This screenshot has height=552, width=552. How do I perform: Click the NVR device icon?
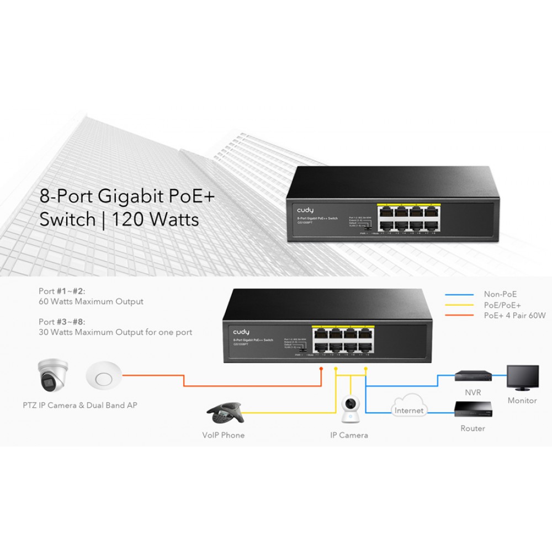coord(473,375)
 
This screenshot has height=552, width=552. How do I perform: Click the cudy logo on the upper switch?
coord(306,210)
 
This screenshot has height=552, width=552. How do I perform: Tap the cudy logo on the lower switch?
coord(241,331)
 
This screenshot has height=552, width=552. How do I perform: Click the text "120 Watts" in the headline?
coord(156,219)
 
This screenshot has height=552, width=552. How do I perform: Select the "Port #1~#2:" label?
coord(62,291)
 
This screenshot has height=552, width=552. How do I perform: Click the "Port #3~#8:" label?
coord(62,322)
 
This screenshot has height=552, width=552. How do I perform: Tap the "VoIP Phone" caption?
coord(223,435)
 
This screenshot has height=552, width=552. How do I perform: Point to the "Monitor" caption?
coord(522,400)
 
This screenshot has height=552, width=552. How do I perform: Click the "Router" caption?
coord(473,428)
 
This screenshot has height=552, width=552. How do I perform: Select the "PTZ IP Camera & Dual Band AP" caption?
coord(80,405)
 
